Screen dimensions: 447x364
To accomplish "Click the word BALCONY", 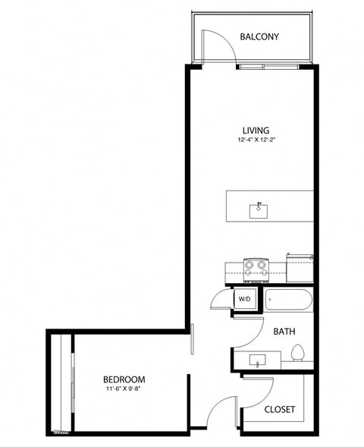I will coord(260,36).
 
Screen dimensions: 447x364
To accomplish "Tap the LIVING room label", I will coord(256,131).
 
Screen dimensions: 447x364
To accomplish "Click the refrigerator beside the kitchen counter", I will coord(300,267).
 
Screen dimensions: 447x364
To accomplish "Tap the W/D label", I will coord(245,299).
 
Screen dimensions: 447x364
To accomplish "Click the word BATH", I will coord(284,332).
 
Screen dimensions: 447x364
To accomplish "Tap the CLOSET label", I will coord(280,410).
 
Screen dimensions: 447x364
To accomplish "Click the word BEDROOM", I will coord(124,379).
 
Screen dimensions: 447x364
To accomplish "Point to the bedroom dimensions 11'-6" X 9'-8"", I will coord(124,389).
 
